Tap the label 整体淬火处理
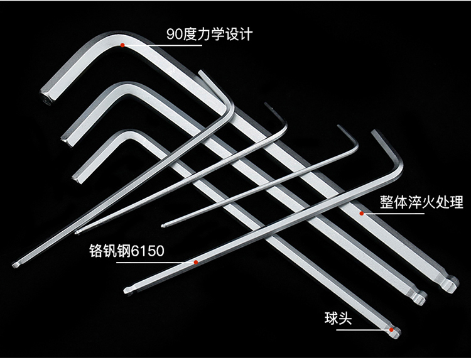pyautogui.click(x=421, y=202)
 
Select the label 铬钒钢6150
pyautogui.click(x=126, y=251)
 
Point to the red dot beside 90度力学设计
pyautogui.click(x=124, y=45)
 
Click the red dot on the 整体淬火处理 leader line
pyautogui.click(x=362, y=214)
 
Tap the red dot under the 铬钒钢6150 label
pyautogui.click(x=197, y=261)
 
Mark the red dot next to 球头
pyautogui.click(x=391, y=329)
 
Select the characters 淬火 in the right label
pyautogui.click(x=421, y=202)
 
